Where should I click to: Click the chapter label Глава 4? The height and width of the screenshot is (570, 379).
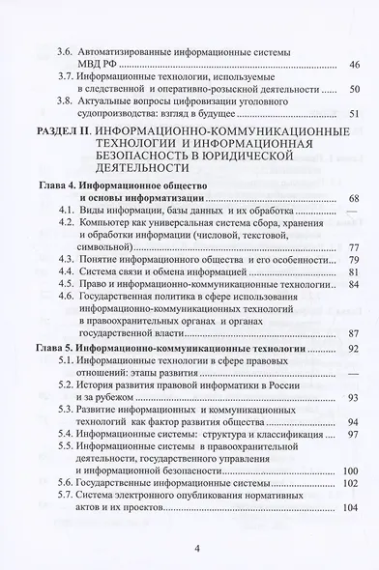(x=54, y=185)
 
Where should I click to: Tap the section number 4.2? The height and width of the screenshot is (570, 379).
(x=69, y=222)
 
